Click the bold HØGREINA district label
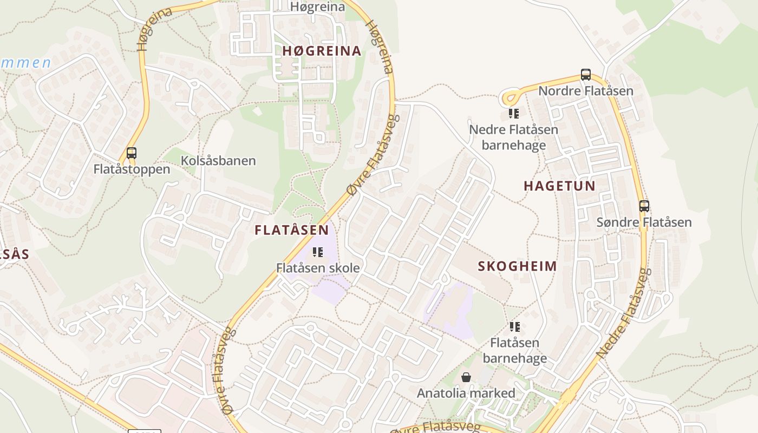pyautogui.click(x=322, y=51)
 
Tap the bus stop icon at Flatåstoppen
pyautogui.click(x=131, y=153)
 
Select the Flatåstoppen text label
pyautogui.click(x=132, y=169)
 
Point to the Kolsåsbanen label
pyautogui.click(x=218, y=161)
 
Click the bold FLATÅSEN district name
pyautogui.click(x=292, y=230)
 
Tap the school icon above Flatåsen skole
pyautogui.click(x=318, y=252)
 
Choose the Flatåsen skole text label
pyautogui.click(x=318, y=268)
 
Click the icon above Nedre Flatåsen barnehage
pyautogui.click(x=514, y=114)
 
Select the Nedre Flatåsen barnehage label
pyautogui.click(x=513, y=137)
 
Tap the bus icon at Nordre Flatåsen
pyautogui.click(x=585, y=75)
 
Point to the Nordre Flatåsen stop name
pyautogui.click(x=586, y=90)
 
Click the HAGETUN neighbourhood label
pyautogui.click(x=559, y=186)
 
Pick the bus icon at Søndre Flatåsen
pyautogui.click(x=644, y=206)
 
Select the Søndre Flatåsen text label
pyautogui.click(x=644, y=222)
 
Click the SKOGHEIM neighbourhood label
pyautogui.click(x=517, y=266)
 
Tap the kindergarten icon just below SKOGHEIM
pyautogui.click(x=514, y=327)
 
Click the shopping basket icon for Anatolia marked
pyautogui.click(x=466, y=377)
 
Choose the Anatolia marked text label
pyautogui.click(x=466, y=393)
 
